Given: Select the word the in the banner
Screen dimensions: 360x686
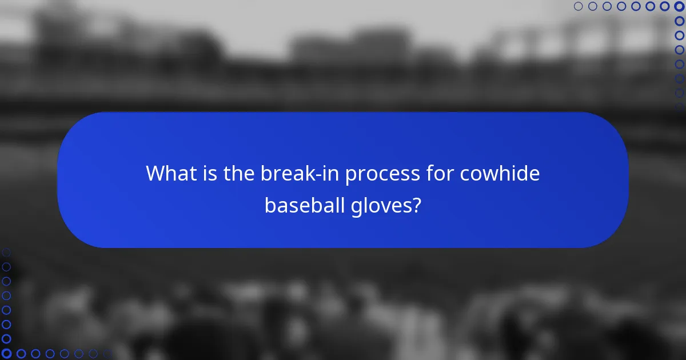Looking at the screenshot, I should [x=235, y=173].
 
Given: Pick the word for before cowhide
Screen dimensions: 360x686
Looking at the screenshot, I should [x=436, y=173].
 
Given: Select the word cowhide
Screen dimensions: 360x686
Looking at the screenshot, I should [x=499, y=173].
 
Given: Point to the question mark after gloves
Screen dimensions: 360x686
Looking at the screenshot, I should [x=417, y=205].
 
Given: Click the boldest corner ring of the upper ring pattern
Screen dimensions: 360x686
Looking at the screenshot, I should [x=679, y=6].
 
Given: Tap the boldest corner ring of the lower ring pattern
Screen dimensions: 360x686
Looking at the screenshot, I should [x=6, y=354].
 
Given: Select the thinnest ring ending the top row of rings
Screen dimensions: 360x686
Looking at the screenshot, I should [x=578, y=6].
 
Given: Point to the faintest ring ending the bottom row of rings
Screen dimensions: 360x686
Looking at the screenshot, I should [x=107, y=354].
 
